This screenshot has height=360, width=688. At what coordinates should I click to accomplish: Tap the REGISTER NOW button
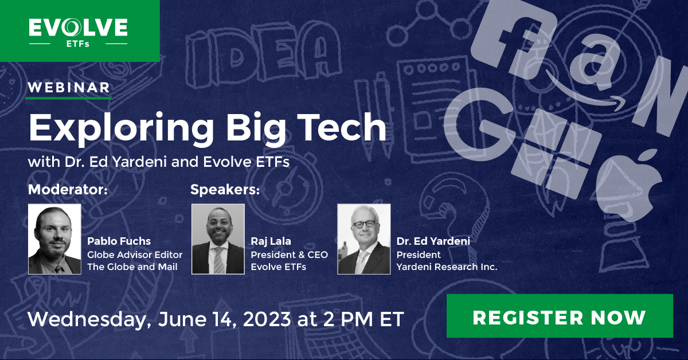click(x=560, y=316)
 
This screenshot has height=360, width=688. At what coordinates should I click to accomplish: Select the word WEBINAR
click(x=69, y=88)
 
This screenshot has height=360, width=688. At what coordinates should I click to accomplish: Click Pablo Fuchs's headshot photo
click(x=55, y=239)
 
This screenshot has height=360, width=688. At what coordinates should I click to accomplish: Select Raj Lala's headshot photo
click(x=218, y=239)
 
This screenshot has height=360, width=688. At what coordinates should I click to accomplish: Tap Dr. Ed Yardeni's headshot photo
click(x=363, y=239)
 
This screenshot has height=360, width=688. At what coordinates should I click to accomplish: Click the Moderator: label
click(x=68, y=189)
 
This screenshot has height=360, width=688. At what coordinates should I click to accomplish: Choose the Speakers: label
click(x=225, y=189)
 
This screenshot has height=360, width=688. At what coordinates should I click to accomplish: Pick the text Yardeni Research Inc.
click(x=447, y=267)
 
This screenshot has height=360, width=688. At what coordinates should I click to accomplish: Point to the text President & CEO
click(x=289, y=255)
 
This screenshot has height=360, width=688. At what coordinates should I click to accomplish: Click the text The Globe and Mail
click(x=132, y=267)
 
